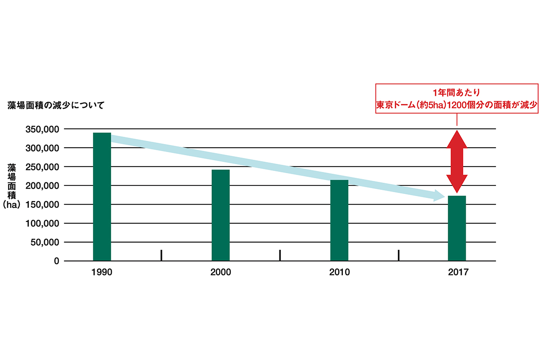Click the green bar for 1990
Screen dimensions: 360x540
pyautogui.click(x=102, y=197)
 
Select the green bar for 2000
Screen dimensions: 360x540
pyautogui.click(x=220, y=215)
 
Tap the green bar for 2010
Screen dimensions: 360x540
pyautogui.click(x=339, y=220)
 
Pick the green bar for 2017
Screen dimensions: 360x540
pyautogui.click(x=457, y=228)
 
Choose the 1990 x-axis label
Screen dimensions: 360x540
pyautogui.click(x=102, y=272)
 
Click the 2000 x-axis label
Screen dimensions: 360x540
pyautogui.click(x=220, y=272)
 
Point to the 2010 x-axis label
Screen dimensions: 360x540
pyautogui.click(x=339, y=272)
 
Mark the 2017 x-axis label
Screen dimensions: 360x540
pyautogui.click(x=457, y=272)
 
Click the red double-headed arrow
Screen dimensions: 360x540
pyautogui.click(x=457, y=162)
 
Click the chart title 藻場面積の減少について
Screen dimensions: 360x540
pyautogui.click(x=56, y=106)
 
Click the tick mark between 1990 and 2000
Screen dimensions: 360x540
pyautogui.click(x=161, y=255)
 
